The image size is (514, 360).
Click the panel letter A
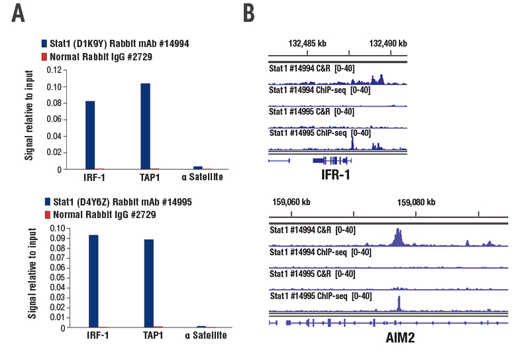18,13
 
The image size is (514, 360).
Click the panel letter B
248,13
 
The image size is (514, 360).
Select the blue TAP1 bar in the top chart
145,127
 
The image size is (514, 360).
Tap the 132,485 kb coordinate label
307,43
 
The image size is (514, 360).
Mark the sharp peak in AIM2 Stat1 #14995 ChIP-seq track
399,302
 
